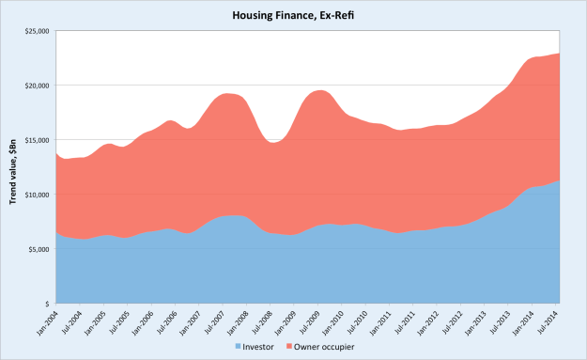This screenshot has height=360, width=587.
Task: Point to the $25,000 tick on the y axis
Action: tap(37, 32)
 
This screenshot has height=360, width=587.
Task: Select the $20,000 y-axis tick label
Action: tap(37, 86)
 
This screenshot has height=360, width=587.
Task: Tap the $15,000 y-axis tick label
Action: tap(37, 141)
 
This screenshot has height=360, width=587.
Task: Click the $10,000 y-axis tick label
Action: tap(37, 195)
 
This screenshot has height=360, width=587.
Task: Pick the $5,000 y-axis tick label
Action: tap(39, 249)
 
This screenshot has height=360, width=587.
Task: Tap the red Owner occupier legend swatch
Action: tap(295, 347)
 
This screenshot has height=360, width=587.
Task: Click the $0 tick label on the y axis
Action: tap(46, 304)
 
